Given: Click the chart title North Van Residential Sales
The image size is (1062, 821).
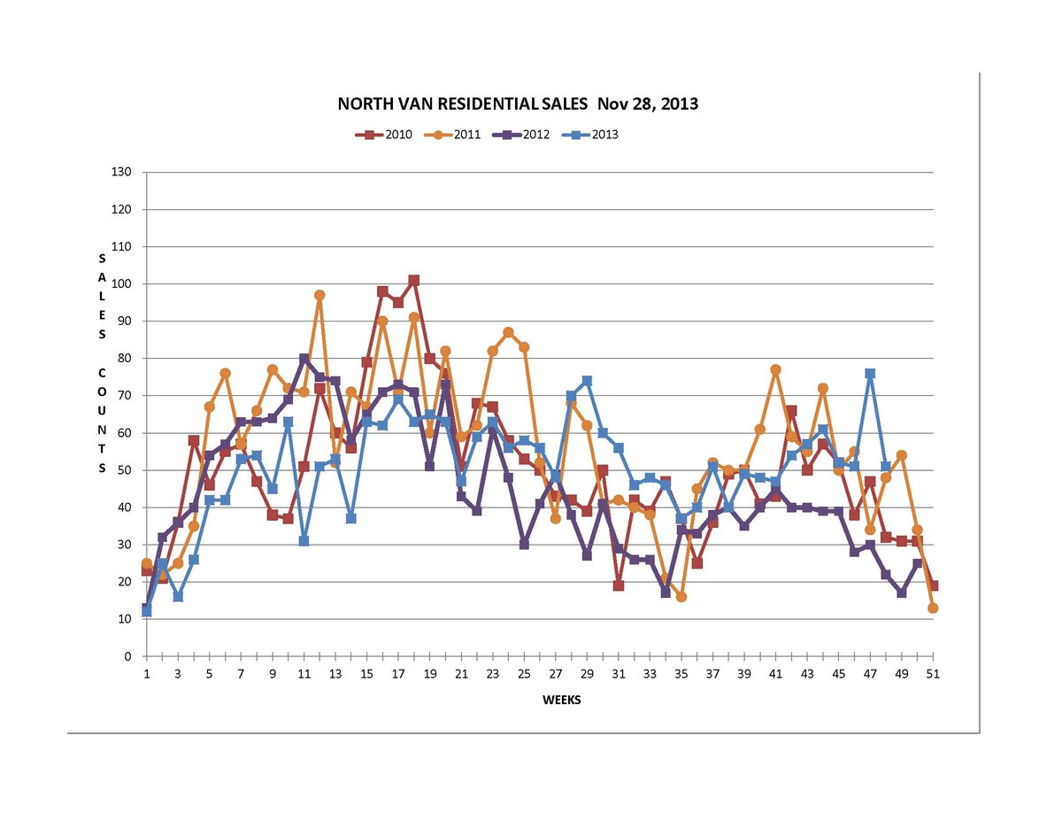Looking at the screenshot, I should point(518,104).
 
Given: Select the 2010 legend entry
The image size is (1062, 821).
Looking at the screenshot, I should point(385,136).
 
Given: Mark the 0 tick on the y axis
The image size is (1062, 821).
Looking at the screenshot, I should point(127,657).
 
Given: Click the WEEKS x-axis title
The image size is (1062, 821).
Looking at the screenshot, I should point(561,700).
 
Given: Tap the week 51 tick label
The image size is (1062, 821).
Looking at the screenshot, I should point(933,674).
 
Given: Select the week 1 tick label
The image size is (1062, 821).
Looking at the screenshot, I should point(146,674).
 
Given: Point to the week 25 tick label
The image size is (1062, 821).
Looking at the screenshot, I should point(524,674).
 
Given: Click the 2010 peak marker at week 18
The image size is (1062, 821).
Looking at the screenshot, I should point(414,281).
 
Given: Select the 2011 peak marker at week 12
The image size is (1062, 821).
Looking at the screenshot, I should point(319,295).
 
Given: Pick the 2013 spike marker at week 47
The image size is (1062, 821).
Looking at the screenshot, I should point(870,374).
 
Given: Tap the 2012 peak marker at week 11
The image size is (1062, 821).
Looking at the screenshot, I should point(304,359).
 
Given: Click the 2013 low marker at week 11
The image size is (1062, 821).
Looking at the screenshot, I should point(304,541).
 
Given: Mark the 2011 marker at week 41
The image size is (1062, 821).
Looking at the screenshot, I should point(775,369).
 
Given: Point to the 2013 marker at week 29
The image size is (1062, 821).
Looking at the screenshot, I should point(587,381).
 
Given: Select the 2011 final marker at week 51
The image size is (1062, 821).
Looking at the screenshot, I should point(933,608).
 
